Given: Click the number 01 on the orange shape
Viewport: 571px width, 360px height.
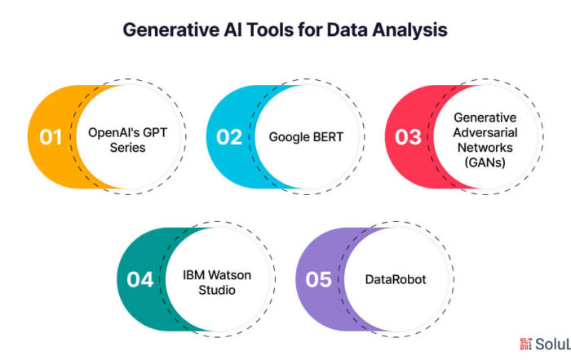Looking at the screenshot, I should pos(50,136).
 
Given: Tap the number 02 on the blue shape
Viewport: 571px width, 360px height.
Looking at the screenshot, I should pos(228,136).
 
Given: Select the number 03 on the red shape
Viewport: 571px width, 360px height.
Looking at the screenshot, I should pos(407,136).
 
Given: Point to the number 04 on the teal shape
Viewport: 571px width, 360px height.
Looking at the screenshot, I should pos(139,279).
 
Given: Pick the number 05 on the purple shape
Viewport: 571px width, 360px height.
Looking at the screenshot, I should pos(318,279).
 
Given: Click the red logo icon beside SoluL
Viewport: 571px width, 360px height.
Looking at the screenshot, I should pos(526,344).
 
